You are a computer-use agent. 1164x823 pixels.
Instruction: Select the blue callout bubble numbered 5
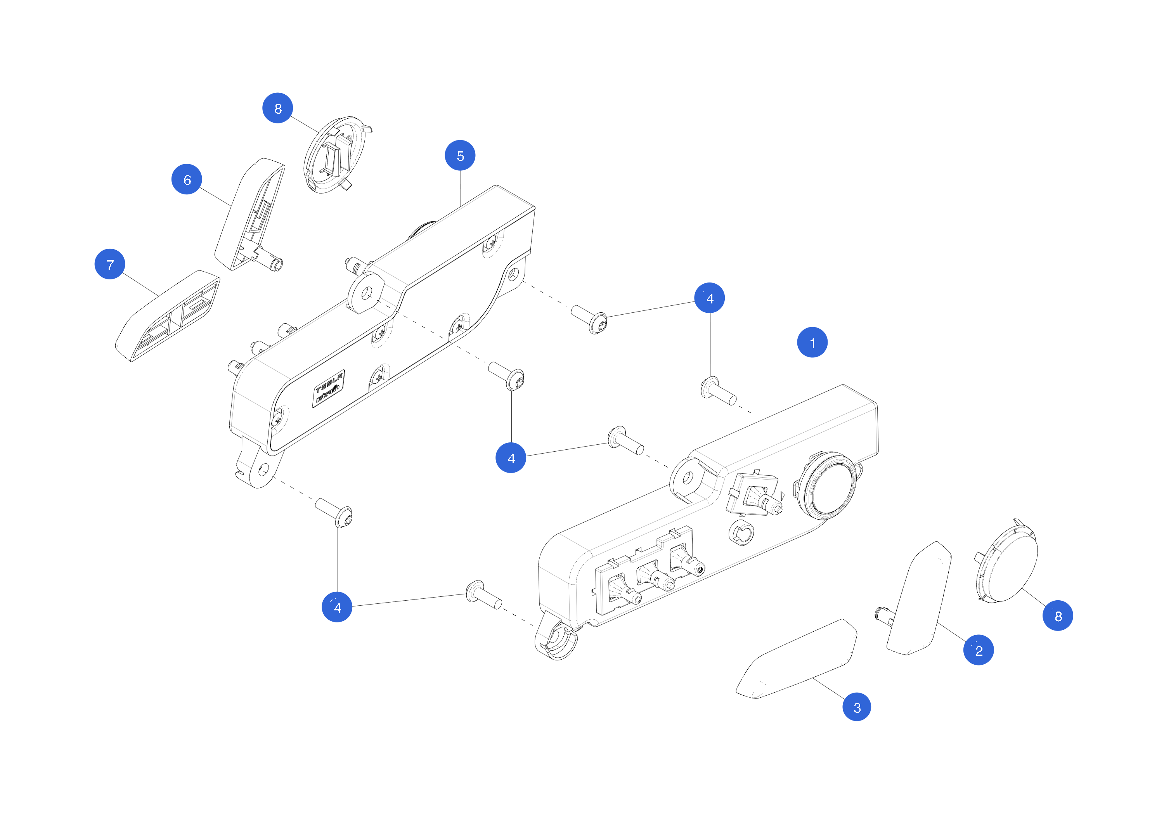pyautogui.click(x=460, y=155)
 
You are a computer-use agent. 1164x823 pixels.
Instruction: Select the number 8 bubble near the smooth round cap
pyautogui.click(x=1058, y=616)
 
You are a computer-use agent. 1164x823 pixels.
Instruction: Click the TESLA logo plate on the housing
pyautogui.click(x=329, y=388)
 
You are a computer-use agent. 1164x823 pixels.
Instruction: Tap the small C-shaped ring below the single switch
pyautogui.click(x=741, y=533)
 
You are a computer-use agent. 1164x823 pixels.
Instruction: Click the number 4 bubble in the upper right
pyautogui.click(x=709, y=298)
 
